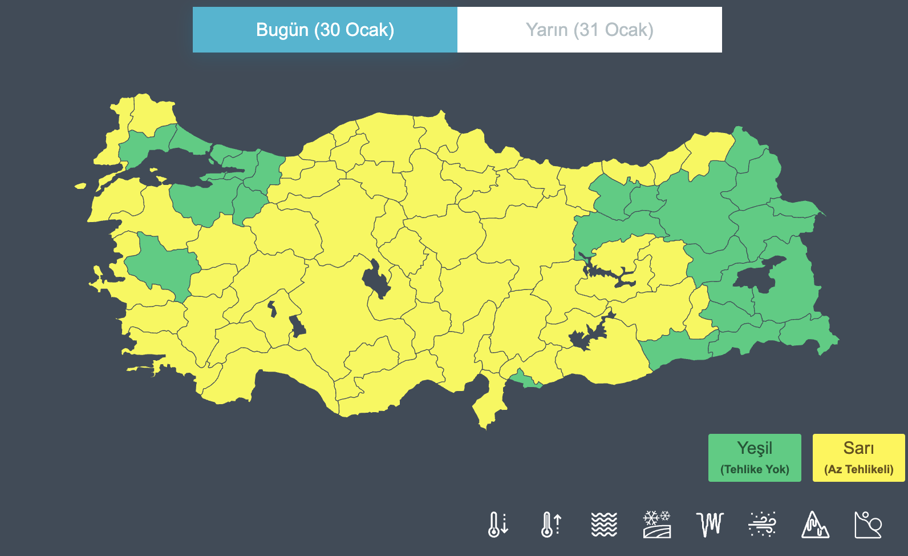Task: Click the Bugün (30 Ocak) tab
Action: (x=325, y=30)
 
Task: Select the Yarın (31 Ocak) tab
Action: (x=589, y=30)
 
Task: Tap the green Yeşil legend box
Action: (x=754, y=457)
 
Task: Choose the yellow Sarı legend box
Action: (x=858, y=457)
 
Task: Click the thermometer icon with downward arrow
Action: (x=497, y=524)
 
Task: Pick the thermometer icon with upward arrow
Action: (x=551, y=524)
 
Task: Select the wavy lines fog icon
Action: (x=604, y=524)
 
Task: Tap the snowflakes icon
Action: (x=657, y=524)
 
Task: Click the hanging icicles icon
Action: (x=710, y=524)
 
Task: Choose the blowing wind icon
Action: (x=762, y=524)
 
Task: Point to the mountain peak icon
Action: (x=815, y=524)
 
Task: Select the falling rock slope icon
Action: (x=868, y=524)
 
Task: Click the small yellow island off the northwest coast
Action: (x=80, y=186)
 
